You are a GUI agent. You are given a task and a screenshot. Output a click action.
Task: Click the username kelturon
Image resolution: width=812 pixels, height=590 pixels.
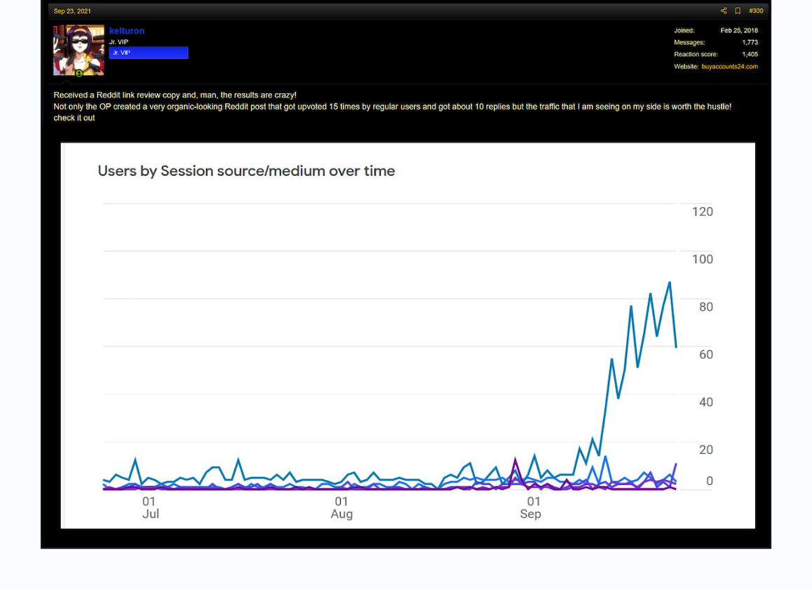click(x=127, y=31)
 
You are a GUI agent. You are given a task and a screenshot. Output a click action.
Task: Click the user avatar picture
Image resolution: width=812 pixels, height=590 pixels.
click(x=79, y=51)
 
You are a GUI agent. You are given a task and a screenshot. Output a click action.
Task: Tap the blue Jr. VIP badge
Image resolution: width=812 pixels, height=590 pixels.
click(x=149, y=53)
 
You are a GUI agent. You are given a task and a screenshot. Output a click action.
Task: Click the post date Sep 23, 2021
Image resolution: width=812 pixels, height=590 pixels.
click(x=72, y=11)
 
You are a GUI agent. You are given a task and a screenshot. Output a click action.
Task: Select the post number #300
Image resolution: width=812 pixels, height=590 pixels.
click(x=756, y=11)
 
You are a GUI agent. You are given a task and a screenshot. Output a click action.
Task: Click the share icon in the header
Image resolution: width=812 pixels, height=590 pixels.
click(x=724, y=11)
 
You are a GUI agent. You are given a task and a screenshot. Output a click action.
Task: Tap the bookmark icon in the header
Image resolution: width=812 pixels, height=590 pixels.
click(x=738, y=11)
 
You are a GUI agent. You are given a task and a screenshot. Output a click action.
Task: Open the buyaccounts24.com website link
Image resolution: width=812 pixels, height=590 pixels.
click(x=730, y=67)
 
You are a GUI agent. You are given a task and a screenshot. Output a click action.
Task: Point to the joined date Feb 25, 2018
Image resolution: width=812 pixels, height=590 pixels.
click(x=739, y=31)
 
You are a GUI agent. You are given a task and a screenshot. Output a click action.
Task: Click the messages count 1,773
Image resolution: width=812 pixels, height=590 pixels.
click(x=750, y=43)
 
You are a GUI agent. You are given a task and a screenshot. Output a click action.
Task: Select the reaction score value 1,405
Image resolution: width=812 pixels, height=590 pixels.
click(x=750, y=55)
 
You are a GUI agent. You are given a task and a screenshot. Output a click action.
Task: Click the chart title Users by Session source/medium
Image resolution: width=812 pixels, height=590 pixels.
click(x=247, y=171)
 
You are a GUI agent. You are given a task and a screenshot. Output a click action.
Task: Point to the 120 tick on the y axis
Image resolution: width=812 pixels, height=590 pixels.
click(x=702, y=211)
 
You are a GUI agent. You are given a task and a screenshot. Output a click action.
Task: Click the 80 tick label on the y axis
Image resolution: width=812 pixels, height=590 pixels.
click(x=706, y=307)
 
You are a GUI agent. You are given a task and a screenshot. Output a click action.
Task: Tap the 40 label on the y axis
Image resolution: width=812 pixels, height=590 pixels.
click(x=706, y=402)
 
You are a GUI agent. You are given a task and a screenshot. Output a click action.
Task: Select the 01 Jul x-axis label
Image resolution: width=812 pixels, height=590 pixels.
click(x=150, y=508)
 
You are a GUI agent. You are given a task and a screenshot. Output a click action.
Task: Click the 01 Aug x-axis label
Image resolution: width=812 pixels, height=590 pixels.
click(x=341, y=508)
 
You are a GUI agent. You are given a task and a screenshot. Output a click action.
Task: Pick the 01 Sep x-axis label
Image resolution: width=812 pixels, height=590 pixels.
click(x=532, y=508)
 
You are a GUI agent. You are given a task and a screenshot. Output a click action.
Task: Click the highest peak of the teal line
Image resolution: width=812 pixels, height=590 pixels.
click(x=670, y=283)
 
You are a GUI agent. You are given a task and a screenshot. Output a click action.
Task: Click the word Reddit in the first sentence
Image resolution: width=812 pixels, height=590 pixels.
click(x=109, y=95)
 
